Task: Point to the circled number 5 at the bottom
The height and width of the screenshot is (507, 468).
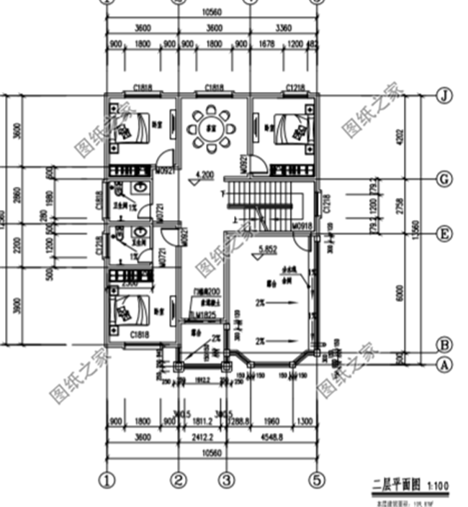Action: point(317,478)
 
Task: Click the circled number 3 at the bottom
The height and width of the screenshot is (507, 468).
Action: point(227,478)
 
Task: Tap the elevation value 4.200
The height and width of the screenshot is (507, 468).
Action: point(206,175)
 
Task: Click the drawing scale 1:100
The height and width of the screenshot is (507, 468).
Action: point(437,486)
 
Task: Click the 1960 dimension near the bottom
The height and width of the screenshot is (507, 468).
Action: point(271,421)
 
